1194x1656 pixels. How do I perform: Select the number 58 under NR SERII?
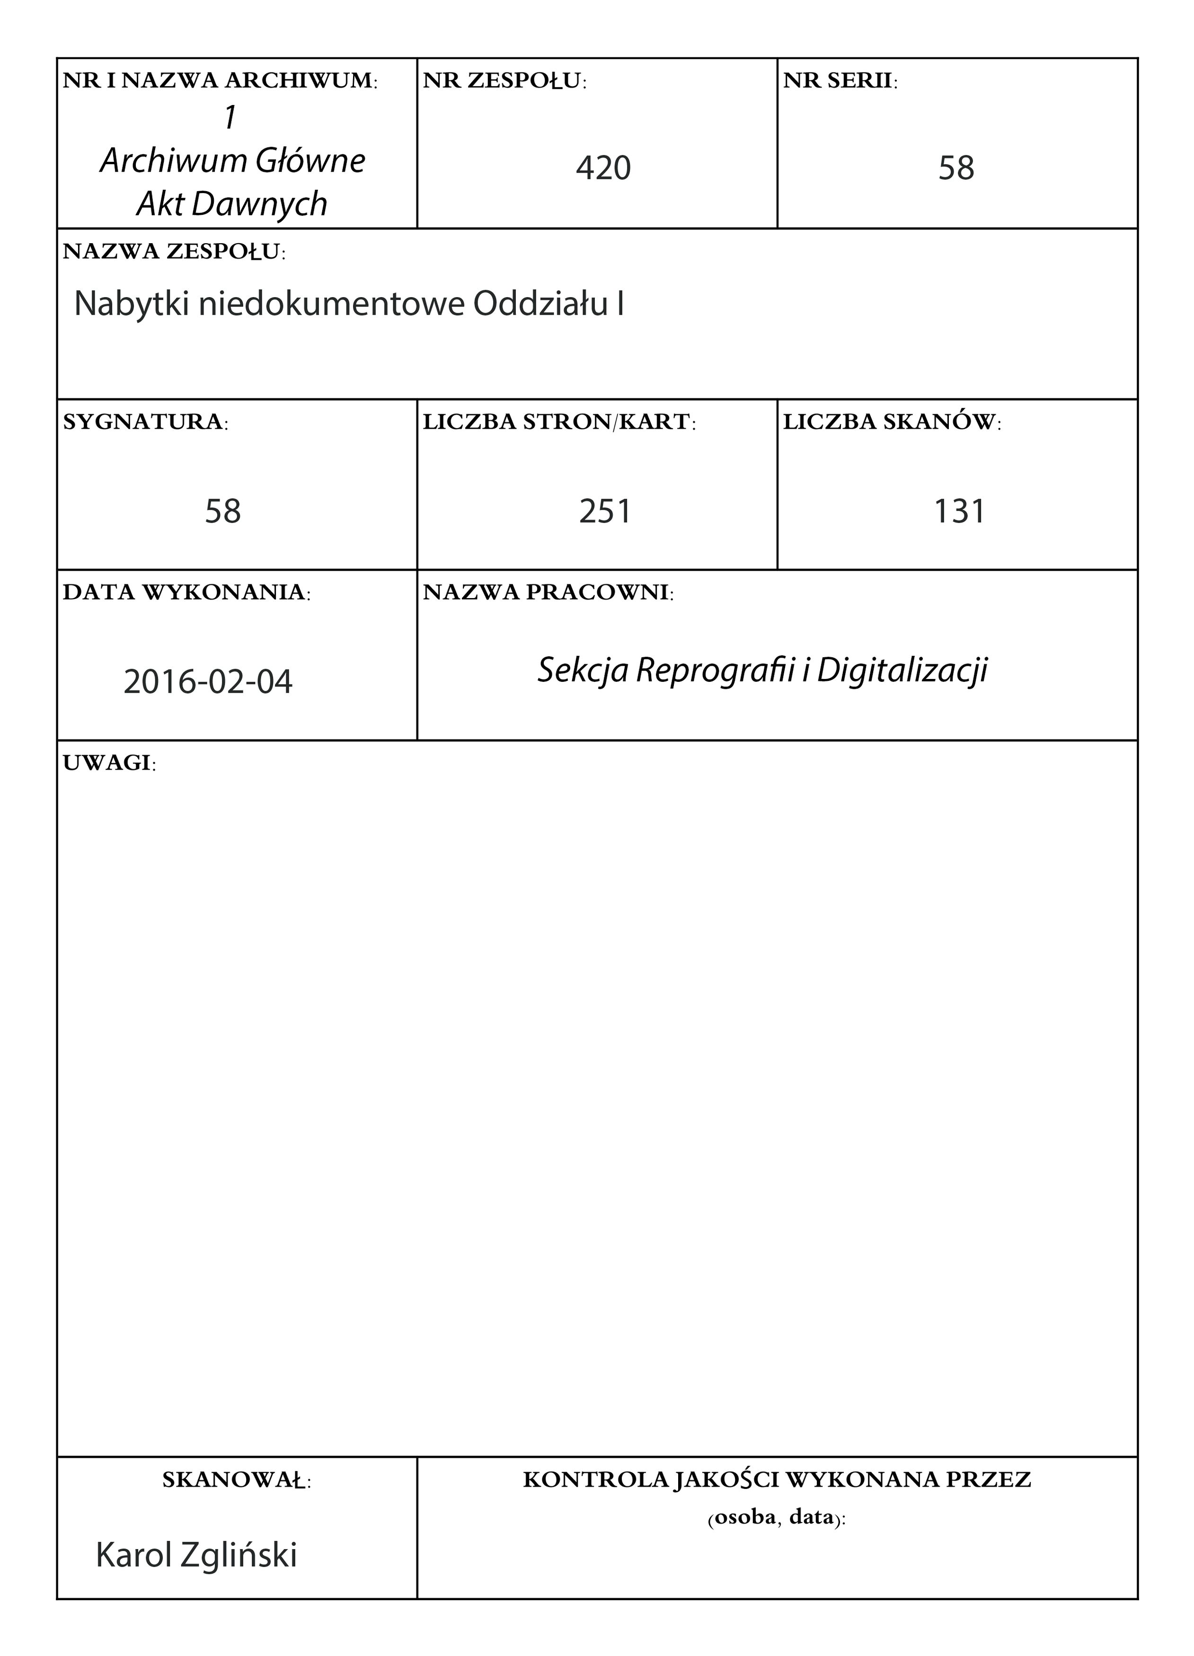coord(956,168)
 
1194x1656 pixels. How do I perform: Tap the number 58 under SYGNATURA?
coord(223,511)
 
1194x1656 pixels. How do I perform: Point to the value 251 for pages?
coord(605,511)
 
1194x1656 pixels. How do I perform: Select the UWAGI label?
coord(109,764)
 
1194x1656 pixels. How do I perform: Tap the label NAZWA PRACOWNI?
coord(548,593)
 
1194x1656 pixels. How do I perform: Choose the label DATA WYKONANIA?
coord(186,593)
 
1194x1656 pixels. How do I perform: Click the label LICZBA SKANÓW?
coord(892,422)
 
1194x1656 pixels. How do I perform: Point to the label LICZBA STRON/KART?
coord(558,422)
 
